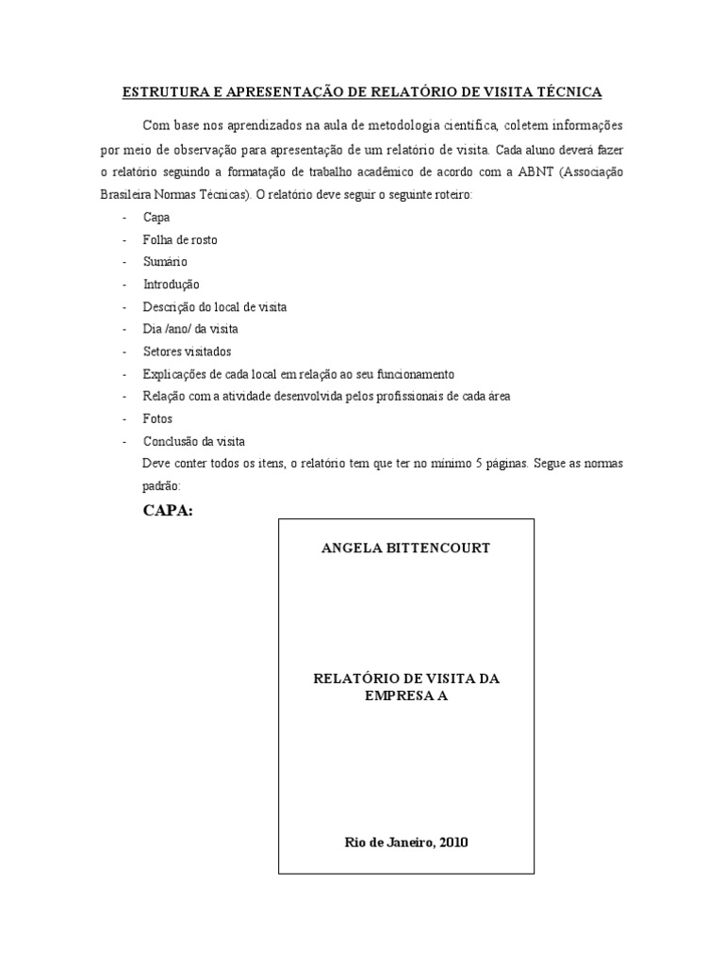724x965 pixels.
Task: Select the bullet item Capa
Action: tap(156, 217)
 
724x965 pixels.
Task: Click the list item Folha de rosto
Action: tap(180, 239)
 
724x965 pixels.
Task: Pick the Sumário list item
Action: tap(166, 262)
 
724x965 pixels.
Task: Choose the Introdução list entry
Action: tap(172, 284)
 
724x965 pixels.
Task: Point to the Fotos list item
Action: tap(157, 418)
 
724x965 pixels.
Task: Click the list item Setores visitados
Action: tap(182, 351)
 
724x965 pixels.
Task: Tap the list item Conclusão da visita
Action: tap(194, 441)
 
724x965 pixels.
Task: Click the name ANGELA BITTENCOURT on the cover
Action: tap(406, 548)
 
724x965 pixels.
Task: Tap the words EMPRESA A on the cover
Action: tap(406, 697)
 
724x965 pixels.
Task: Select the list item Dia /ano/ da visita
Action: tap(190, 329)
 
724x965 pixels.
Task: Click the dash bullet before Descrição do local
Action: tap(125, 307)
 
